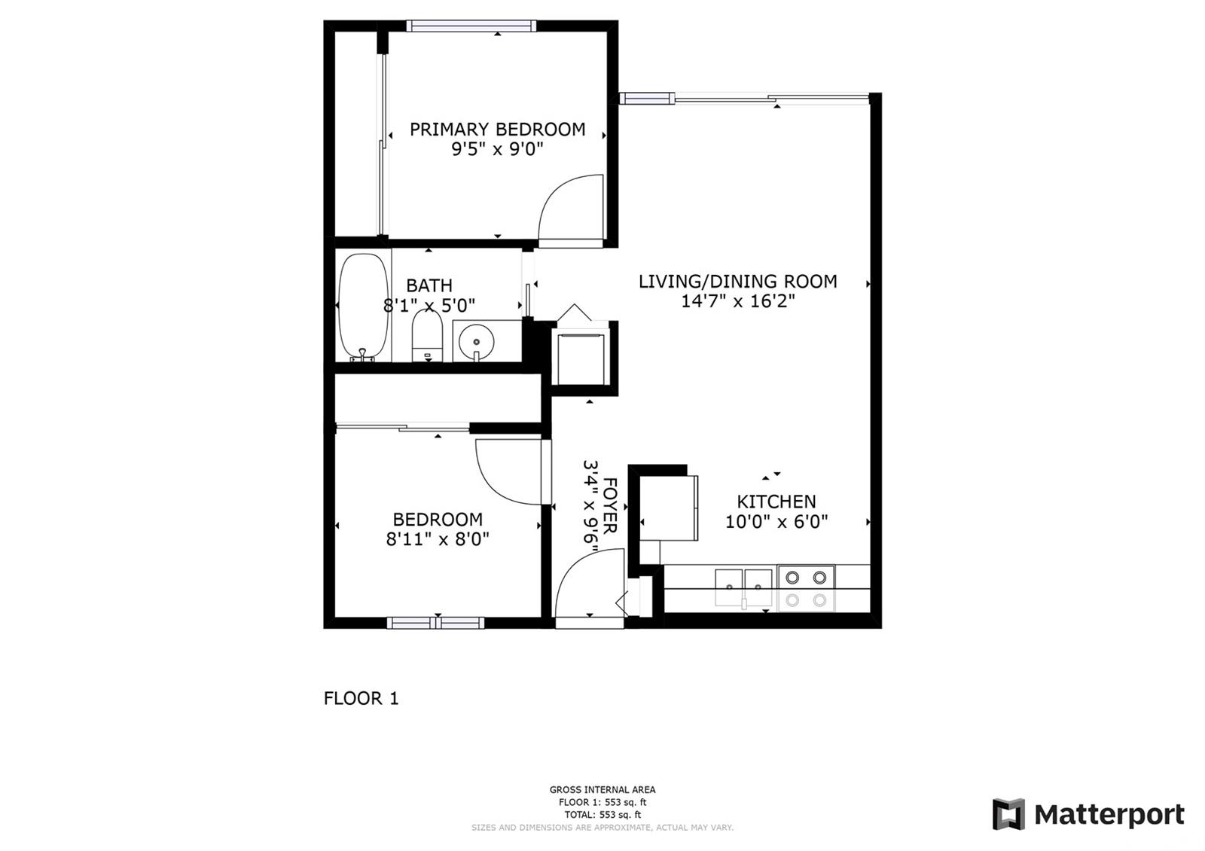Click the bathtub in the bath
[x=364, y=307]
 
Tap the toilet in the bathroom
[x=427, y=337]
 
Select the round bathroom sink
[x=476, y=342]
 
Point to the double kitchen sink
[x=743, y=588]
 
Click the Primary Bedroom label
[x=498, y=130]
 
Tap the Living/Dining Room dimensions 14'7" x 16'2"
[x=738, y=300]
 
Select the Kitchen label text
[x=776, y=502]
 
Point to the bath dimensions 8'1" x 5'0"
[x=429, y=306]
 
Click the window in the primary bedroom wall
[x=471, y=26]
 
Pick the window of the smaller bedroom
[x=436, y=623]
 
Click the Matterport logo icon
[x=1008, y=814]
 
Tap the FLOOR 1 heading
[x=361, y=698]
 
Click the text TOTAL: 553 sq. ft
[x=602, y=814]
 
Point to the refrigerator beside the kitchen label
[x=669, y=508]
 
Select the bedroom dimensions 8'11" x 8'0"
[x=438, y=539]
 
